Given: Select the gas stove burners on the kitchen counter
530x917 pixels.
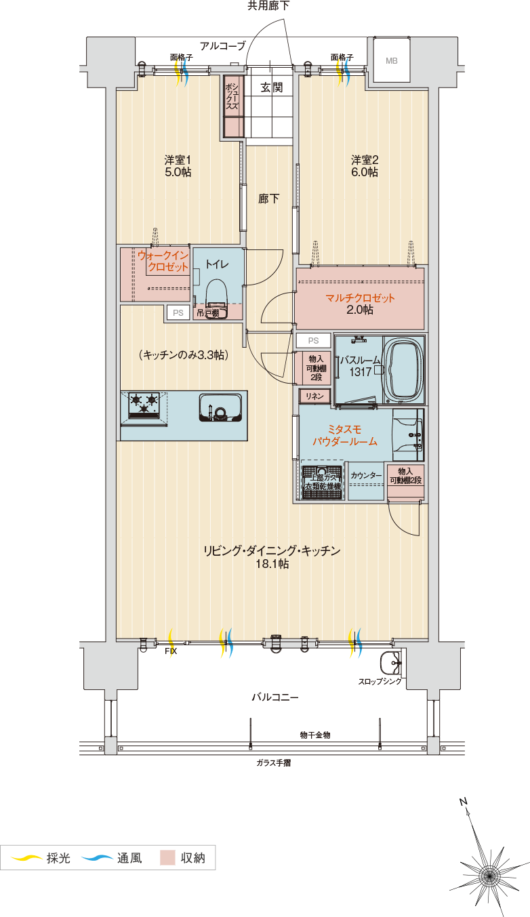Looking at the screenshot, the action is click(144, 405).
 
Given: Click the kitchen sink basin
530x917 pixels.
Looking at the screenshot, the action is click(220, 407).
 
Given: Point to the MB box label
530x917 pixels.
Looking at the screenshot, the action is click(392, 61).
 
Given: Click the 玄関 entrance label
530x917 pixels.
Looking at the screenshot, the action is click(271, 87).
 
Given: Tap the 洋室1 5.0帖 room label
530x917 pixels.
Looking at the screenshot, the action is click(178, 166).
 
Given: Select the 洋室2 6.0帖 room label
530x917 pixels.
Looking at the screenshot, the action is click(364, 166).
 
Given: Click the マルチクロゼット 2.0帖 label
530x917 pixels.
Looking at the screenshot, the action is click(360, 304).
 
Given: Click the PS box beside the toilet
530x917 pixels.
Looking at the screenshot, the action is click(178, 312).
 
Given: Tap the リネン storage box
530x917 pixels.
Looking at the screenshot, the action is click(314, 396).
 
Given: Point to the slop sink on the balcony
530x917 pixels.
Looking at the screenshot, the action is click(392, 662).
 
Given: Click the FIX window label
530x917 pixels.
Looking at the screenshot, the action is click(171, 651).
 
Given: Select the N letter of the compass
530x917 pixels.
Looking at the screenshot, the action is click(464, 802).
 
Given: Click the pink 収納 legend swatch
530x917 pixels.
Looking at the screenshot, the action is click(167, 857).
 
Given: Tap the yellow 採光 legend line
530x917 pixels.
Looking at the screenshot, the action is click(26, 857).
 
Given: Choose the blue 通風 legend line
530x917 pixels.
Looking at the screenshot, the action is click(97, 857).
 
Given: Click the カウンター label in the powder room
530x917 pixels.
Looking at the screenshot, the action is click(366, 475).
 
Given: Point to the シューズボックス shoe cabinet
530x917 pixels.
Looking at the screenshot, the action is click(234, 107).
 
